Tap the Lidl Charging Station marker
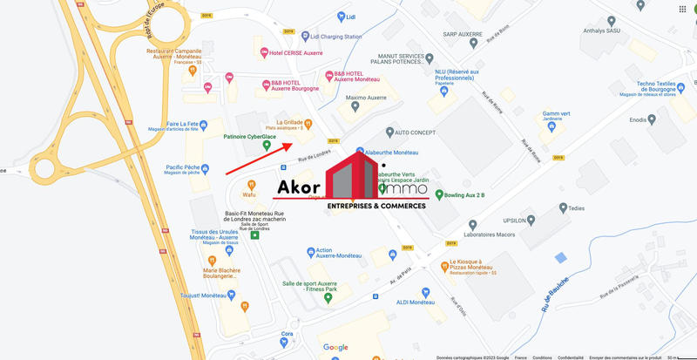pos(305,37)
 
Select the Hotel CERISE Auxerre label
pos(296,53)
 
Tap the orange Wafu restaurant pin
pos(252,185)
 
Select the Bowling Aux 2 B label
pos(465,194)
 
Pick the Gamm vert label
pos(556,113)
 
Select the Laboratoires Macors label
pos(514,234)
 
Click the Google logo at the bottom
pos(335,347)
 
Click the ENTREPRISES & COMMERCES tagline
pos(376,206)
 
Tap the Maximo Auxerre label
pos(365,98)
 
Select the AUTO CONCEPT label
pos(415,133)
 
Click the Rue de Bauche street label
pos(555,295)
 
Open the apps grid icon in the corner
pos(682,9)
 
